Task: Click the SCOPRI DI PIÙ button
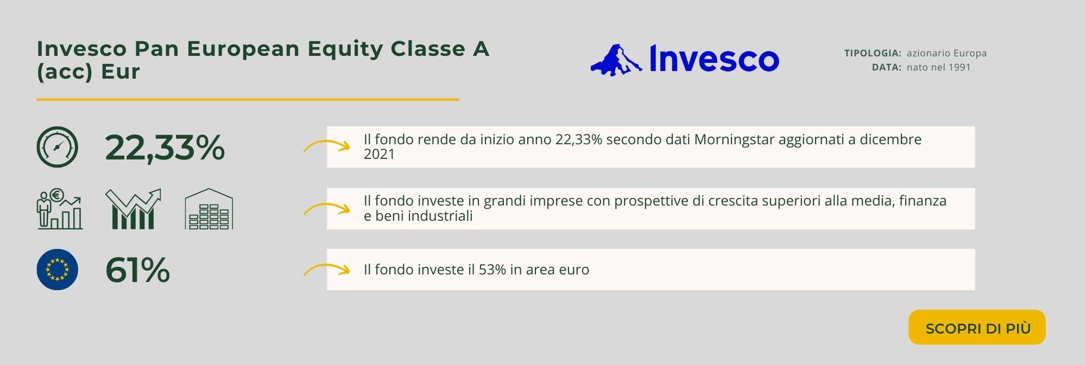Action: [x=977, y=327]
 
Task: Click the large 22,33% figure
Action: [x=165, y=148]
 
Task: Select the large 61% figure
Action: [x=137, y=270]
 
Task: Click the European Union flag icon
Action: [x=58, y=270]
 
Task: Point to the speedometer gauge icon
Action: [x=58, y=147]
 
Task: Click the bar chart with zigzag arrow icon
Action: [x=133, y=209]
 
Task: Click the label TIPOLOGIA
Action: [x=873, y=53]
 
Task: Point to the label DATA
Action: [x=887, y=67]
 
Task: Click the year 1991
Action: [x=959, y=67]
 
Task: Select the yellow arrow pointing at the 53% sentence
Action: [x=326, y=270]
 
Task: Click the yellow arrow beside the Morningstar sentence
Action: [x=326, y=146]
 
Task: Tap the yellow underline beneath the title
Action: [x=248, y=100]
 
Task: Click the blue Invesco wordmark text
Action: [x=714, y=59]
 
